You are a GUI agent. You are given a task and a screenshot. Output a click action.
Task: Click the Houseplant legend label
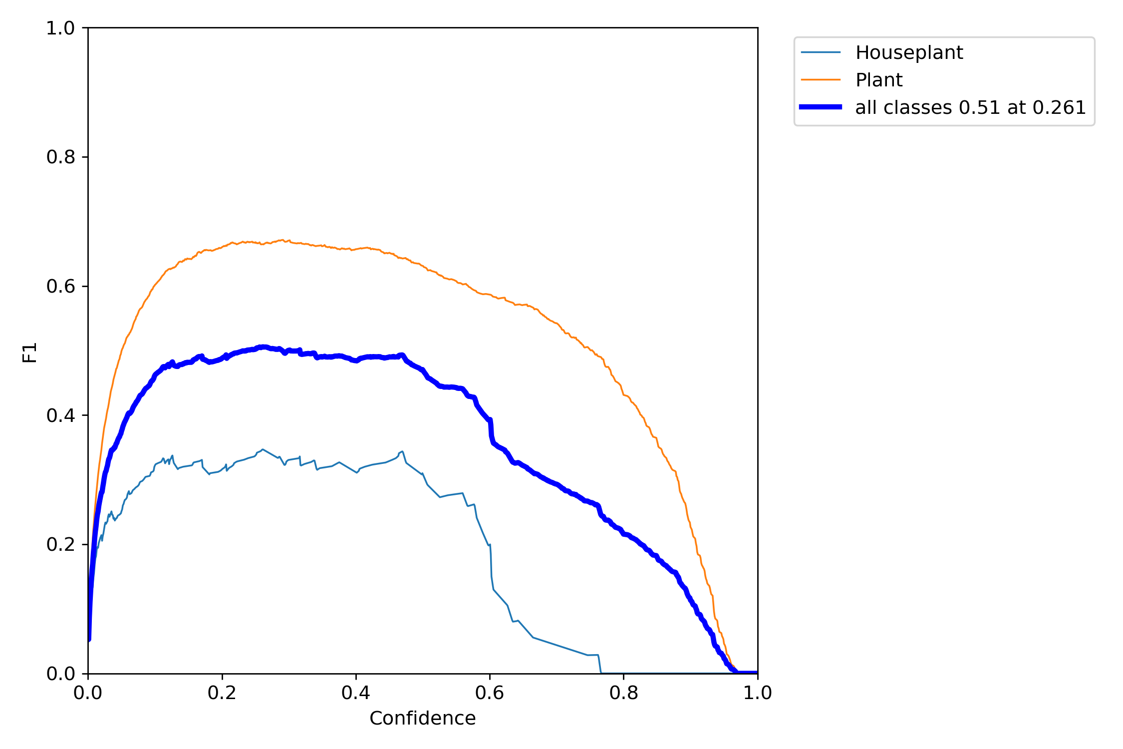(x=909, y=52)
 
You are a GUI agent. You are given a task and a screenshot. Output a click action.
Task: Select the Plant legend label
(x=879, y=80)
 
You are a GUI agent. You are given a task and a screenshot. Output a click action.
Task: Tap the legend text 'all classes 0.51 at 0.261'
(x=970, y=107)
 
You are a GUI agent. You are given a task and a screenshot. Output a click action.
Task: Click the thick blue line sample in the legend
(x=821, y=107)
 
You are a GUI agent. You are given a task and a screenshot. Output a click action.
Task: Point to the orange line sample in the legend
(x=821, y=80)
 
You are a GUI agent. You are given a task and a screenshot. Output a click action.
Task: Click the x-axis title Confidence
(x=422, y=719)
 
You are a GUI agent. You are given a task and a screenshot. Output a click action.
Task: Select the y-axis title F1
(x=30, y=352)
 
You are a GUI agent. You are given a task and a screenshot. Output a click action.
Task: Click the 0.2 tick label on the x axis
(x=222, y=693)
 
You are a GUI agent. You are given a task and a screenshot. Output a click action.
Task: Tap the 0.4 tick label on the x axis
(x=356, y=693)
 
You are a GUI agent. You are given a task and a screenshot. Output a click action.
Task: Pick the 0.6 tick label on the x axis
(x=490, y=693)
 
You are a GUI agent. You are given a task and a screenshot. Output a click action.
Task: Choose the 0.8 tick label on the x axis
(x=623, y=693)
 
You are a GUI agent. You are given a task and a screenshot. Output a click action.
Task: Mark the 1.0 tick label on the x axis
(x=758, y=693)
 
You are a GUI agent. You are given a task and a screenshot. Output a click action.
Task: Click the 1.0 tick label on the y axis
(x=60, y=28)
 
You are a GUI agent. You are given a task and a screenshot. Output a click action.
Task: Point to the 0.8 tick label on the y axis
(x=60, y=157)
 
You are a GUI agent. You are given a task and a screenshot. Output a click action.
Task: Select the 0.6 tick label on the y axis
(x=60, y=287)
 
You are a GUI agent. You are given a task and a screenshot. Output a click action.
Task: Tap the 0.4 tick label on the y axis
(x=60, y=415)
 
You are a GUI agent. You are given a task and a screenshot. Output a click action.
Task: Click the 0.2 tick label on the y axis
(x=60, y=544)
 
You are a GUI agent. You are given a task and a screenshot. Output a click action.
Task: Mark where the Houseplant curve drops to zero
(x=601, y=672)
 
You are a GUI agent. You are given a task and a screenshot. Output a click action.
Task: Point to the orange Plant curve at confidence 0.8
(x=623, y=394)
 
